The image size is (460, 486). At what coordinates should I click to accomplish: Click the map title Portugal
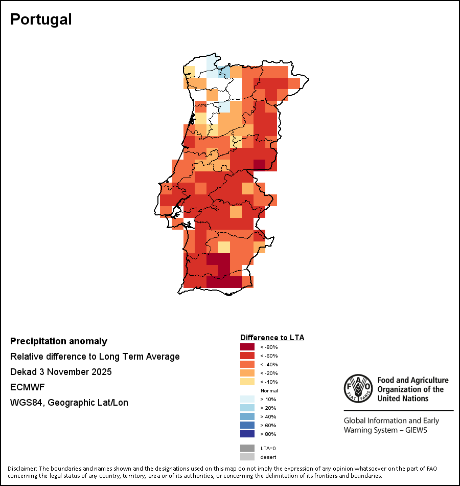click(41, 19)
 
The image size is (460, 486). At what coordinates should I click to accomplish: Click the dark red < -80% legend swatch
click(247, 347)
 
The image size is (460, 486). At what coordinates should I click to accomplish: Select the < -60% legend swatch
click(247, 356)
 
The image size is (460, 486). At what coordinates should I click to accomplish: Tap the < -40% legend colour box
click(247, 364)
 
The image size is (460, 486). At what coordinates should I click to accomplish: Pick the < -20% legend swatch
click(247, 373)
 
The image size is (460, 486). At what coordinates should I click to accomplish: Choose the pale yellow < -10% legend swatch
click(247, 382)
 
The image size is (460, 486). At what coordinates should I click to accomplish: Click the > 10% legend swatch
click(247, 399)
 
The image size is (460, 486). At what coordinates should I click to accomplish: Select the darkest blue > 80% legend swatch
click(247, 434)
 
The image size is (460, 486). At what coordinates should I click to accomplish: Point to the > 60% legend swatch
click(247, 425)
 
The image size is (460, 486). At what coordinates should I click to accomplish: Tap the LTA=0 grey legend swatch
click(247, 448)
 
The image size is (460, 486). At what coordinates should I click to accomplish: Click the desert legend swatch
click(247, 457)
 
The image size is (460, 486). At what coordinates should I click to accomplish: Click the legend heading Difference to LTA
click(272, 338)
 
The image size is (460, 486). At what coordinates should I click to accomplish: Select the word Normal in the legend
click(269, 390)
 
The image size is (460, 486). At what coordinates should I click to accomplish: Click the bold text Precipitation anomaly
click(59, 341)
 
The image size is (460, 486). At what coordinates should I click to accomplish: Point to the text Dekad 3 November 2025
click(61, 372)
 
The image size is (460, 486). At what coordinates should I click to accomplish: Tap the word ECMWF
click(26, 387)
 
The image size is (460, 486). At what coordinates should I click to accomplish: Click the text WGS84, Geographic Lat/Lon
click(69, 403)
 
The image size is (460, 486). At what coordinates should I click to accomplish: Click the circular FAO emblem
click(358, 388)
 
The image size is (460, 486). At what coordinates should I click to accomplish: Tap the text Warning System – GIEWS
click(385, 430)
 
